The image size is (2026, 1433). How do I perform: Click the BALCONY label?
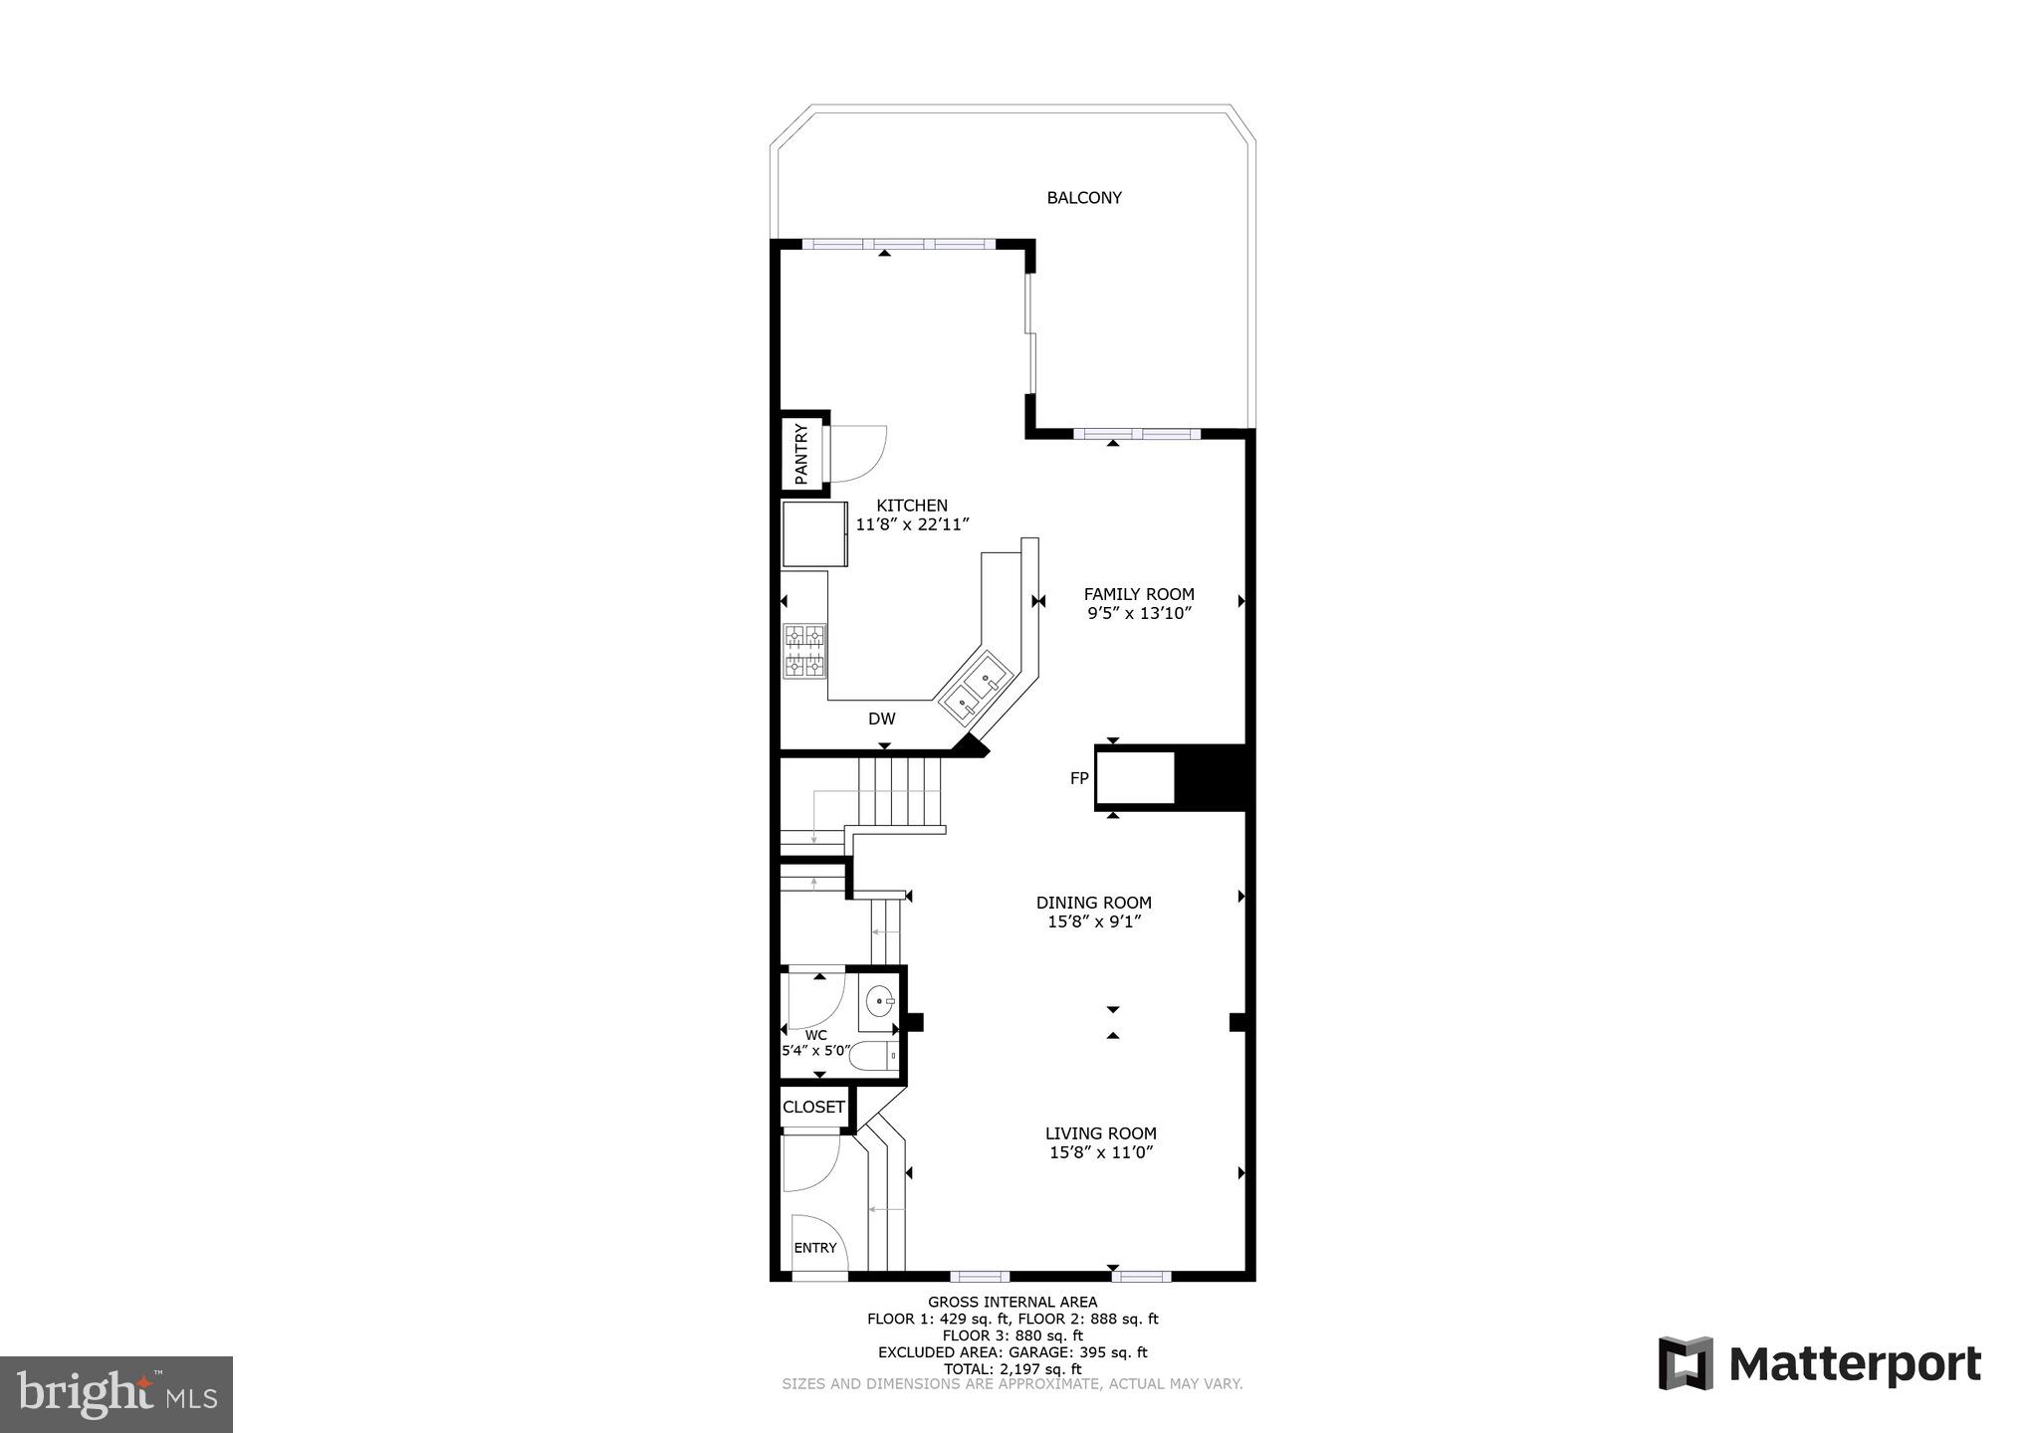(1083, 198)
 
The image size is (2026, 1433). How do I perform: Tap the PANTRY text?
(801, 454)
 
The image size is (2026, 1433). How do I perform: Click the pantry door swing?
(856, 453)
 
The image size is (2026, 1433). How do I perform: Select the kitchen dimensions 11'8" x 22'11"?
(912, 524)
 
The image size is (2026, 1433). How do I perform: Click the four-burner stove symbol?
(804, 651)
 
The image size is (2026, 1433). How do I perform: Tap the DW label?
(881, 718)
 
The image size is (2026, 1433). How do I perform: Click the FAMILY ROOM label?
(1139, 594)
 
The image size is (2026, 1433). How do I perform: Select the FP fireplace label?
(1079, 778)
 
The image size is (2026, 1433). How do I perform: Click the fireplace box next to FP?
(1135, 777)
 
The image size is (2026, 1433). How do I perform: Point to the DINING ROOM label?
(1093, 903)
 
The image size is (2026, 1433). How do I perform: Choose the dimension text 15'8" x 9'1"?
(1093, 922)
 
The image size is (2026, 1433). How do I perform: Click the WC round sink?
(878, 1001)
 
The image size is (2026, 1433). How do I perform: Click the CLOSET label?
(813, 1107)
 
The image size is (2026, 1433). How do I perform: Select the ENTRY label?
(814, 1248)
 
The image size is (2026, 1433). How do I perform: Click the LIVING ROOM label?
(1100, 1133)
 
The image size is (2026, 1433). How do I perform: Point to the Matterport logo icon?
(1685, 1363)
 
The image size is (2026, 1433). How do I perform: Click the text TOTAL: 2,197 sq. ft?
(1012, 1369)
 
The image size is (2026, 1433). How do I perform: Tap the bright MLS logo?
(116, 1394)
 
